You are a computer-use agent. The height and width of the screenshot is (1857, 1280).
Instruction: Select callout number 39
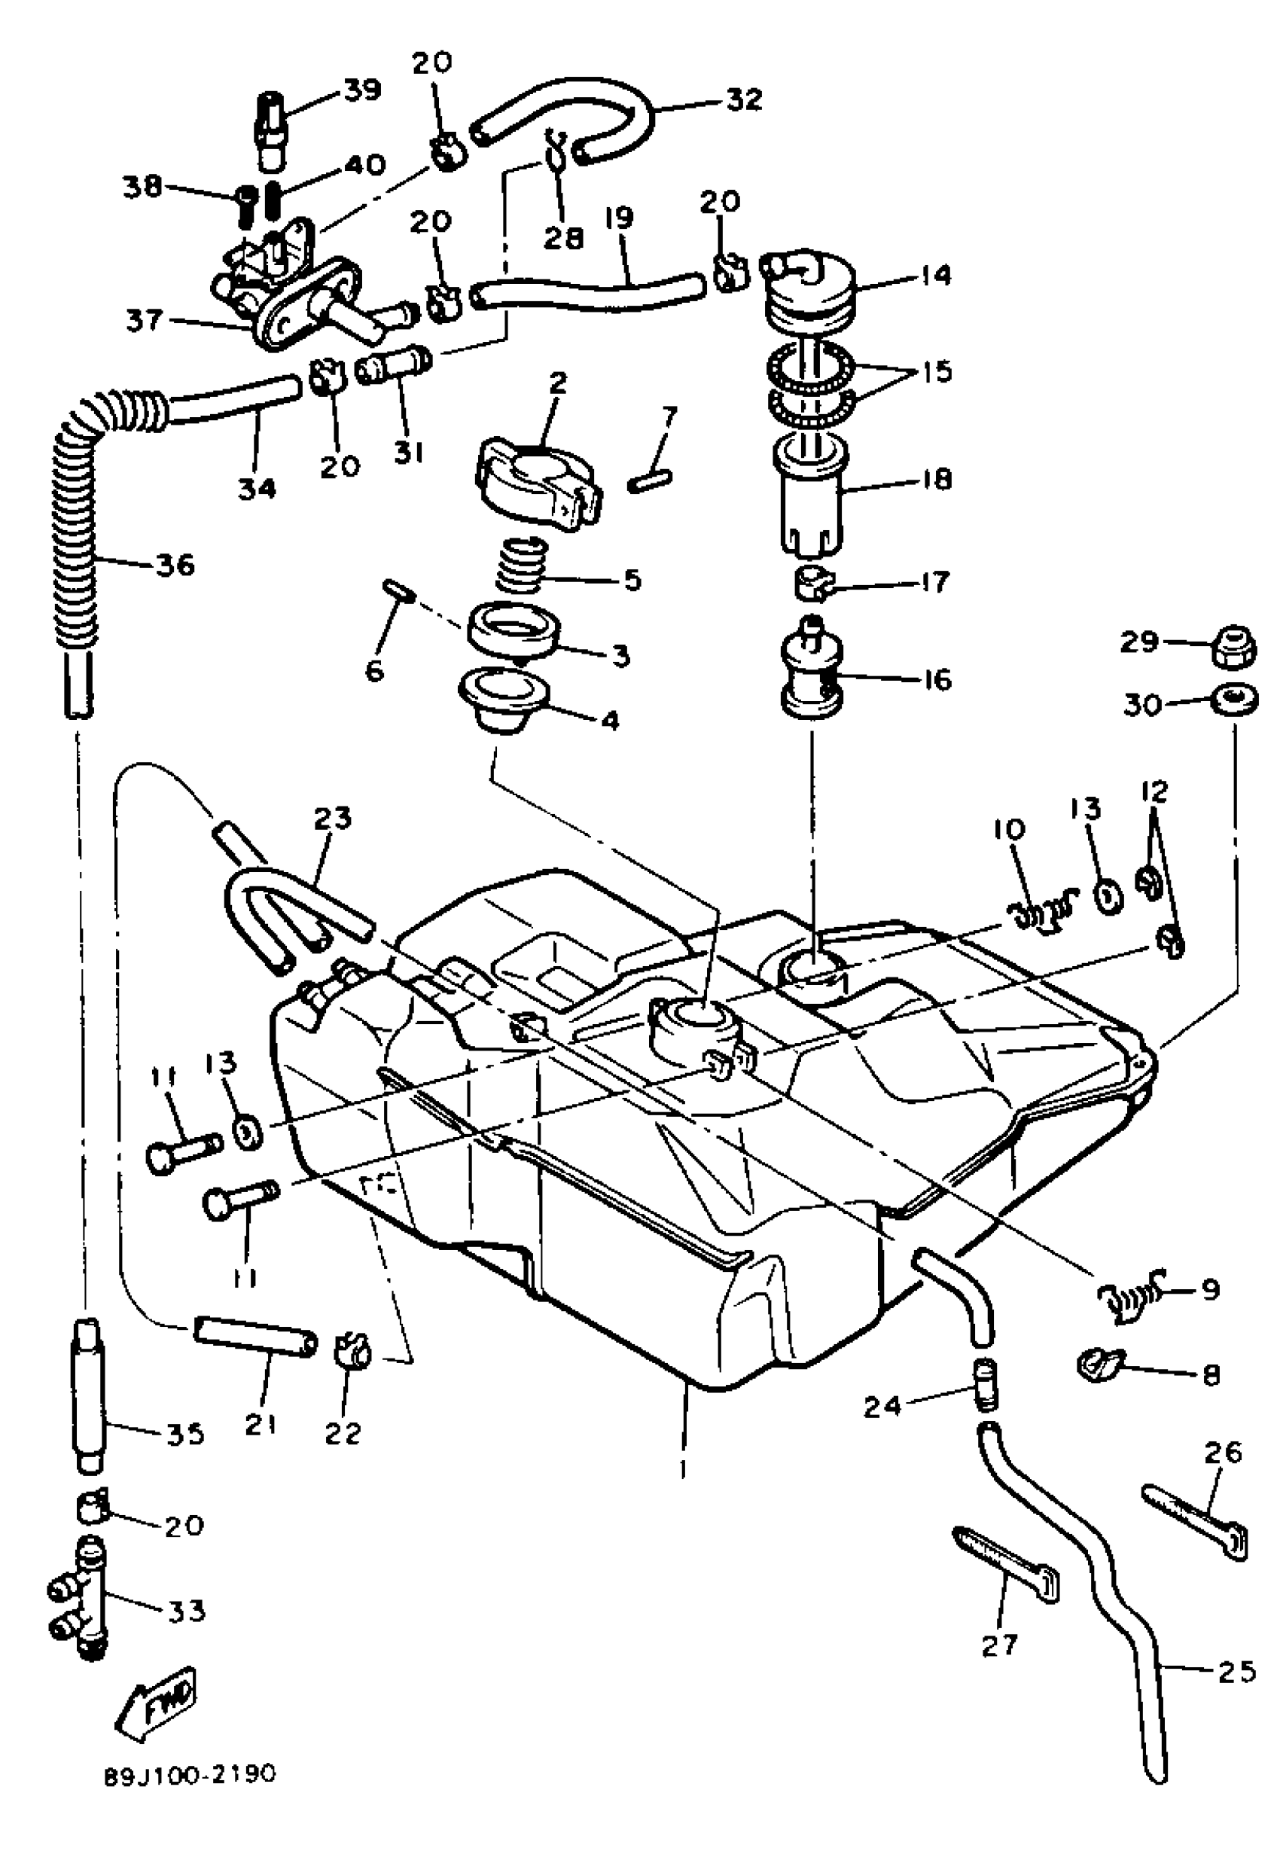pos(361,89)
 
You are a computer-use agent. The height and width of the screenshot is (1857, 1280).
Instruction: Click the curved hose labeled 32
pos(565,120)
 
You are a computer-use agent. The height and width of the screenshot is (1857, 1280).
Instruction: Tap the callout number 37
pos(145,321)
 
